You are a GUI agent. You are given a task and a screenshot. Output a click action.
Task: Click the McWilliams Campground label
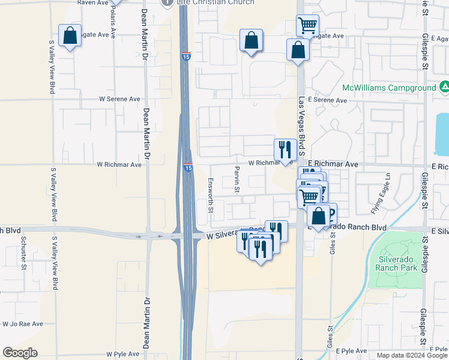(x=389, y=88)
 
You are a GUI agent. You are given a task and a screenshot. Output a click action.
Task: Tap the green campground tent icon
(x=444, y=88)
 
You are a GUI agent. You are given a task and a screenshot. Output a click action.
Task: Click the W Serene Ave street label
(x=119, y=99)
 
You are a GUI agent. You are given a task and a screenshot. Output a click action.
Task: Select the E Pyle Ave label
(x=351, y=350)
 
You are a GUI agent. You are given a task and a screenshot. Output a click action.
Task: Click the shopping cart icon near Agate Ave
(x=307, y=25)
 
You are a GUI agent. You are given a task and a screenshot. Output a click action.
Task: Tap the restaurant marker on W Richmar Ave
(x=284, y=149)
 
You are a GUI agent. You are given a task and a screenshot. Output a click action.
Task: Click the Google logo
(x=20, y=353)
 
